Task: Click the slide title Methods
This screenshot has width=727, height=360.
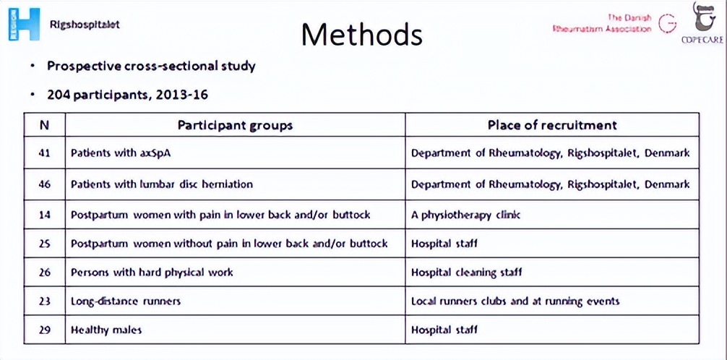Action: pos(361,33)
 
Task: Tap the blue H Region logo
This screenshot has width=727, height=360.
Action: pos(24,24)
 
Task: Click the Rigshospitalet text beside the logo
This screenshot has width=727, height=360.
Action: pos(85,24)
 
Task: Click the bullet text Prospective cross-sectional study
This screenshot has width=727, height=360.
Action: pos(151,66)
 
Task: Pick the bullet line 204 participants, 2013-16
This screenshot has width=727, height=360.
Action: pos(128,95)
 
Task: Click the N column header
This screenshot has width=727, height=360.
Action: pos(44,124)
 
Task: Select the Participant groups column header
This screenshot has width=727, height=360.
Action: pos(235,124)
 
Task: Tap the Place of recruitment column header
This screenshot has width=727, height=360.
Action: pos(552,124)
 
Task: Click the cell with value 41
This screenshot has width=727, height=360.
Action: pos(44,153)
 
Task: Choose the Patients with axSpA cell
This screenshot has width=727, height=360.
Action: pos(121,153)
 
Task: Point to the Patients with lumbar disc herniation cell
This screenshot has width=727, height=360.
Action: pos(162,184)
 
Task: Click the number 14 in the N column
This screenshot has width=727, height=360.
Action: pos(44,215)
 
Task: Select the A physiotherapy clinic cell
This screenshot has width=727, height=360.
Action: pos(465,215)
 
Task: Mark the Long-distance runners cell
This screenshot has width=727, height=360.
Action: pos(126,301)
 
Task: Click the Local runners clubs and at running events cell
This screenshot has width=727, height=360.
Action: pos(515,301)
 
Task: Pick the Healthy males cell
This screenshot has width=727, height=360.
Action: pos(106,330)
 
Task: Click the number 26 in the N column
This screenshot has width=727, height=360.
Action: pos(44,273)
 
